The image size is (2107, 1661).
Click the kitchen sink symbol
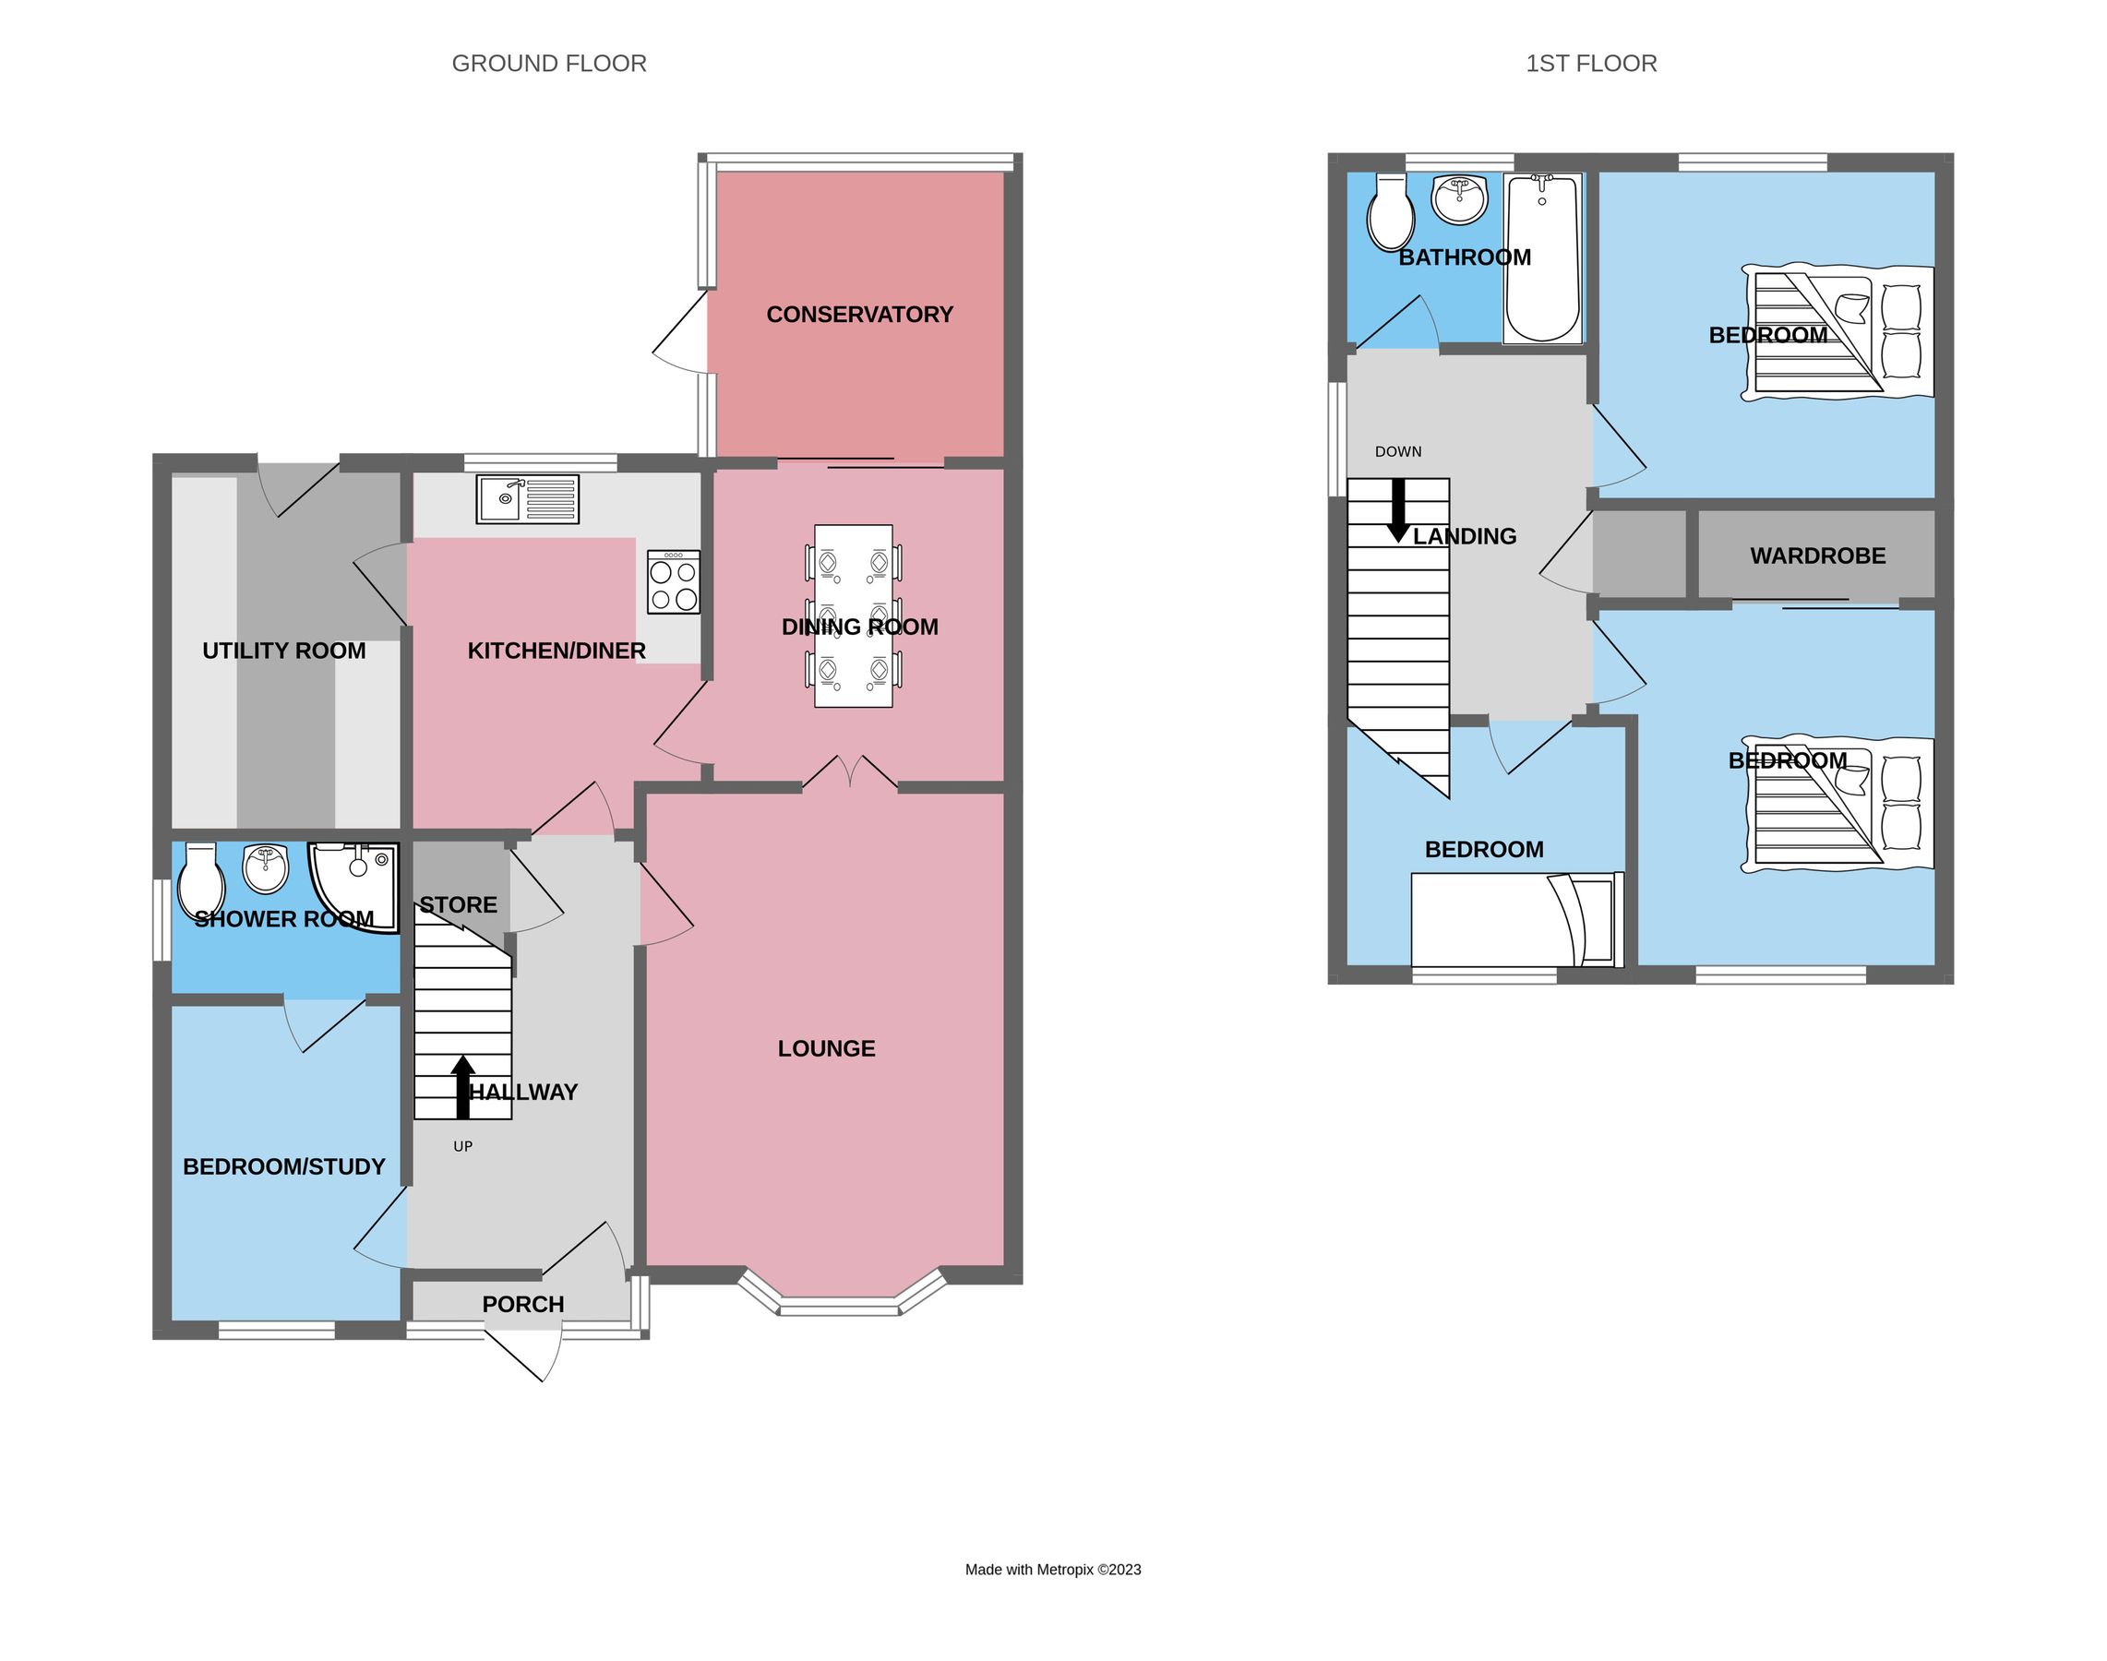pyautogui.click(x=526, y=499)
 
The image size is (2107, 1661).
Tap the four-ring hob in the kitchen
pyautogui.click(x=673, y=581)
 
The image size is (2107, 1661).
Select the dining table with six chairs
pyautogui.click(x=852, y=615)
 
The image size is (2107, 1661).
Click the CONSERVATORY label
pyautogui.click(x=859, y=314)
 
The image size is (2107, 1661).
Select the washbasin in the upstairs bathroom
pyautogui.click(x=1459, y=199)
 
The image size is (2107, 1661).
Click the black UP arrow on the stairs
pyautogui.click(x=463, y=1085)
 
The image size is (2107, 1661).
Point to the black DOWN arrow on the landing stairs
pyautogui.click(x=1398, y=509)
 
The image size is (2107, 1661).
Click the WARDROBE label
pyautogui.click(x=1817, y=556)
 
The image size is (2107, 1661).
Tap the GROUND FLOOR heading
pyautogui.click(x=548, y=64)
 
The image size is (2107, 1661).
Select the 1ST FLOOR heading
pyautogui.click(x=1590, y=64)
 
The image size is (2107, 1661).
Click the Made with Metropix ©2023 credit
pyautogui.click(x=1052, y=1569)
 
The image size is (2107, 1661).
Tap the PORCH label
pyautogui.click(x=522, y=1304)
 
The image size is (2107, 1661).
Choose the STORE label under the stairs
pyautogui.click(x=458, y=904)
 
